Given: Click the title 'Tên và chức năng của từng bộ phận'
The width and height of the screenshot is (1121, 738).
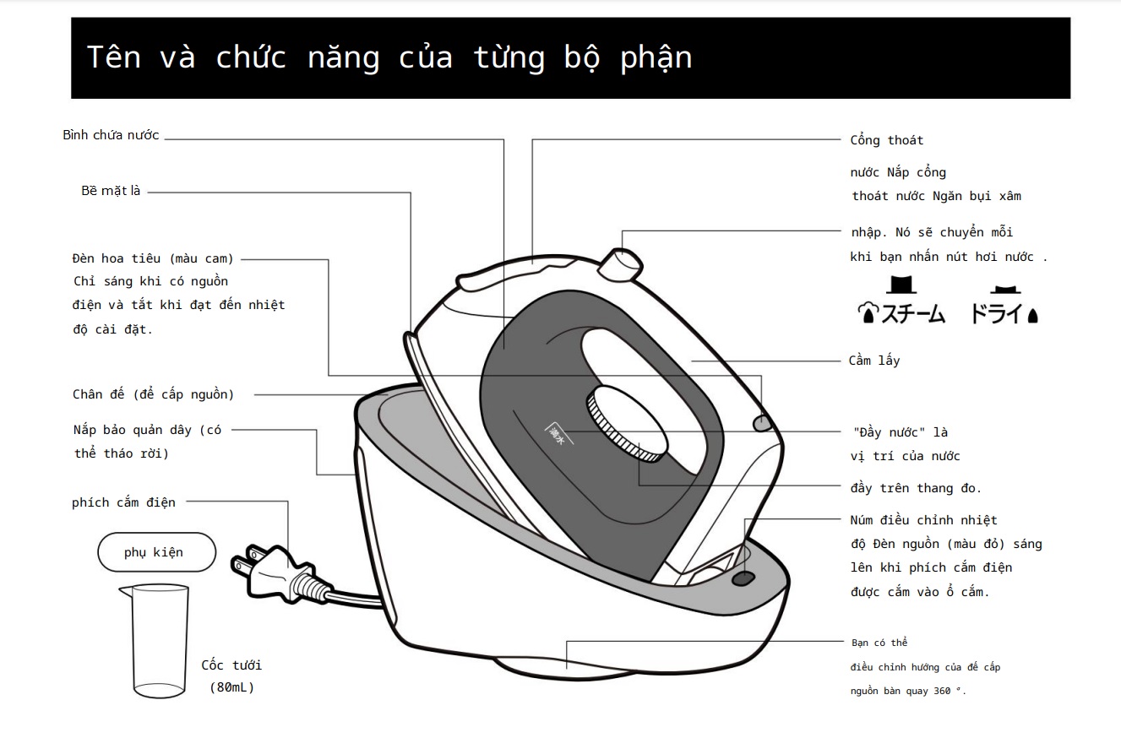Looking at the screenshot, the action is tap(389, 57).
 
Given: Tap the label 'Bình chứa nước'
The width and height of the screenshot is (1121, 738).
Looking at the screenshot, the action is tap(111, 135).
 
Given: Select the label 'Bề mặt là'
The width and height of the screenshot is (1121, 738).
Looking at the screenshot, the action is tap(111, 191).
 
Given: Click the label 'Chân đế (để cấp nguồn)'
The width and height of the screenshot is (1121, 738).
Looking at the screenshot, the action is tap(153, 394).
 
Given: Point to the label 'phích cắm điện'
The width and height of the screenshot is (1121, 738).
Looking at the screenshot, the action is tap(123, 502).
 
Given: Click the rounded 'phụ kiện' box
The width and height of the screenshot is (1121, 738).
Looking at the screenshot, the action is tap(156, 552).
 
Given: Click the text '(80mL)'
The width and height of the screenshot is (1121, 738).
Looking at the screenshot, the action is tap(231, 687).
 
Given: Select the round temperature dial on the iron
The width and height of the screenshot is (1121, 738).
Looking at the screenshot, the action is tap(624, 421).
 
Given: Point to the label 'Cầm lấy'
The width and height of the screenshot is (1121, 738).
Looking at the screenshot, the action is tap(873, 361).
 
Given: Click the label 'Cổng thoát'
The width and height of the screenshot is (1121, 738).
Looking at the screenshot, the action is tap(886, 140).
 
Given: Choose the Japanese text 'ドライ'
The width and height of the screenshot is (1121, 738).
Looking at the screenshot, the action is tap(997, 315).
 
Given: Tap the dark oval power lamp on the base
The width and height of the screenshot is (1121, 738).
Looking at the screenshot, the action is tap(743, 578).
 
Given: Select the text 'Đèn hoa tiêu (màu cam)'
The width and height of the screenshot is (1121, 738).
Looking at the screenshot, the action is tap(153, 258).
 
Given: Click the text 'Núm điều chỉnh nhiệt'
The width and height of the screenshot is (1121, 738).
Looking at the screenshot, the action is tap(923, 520).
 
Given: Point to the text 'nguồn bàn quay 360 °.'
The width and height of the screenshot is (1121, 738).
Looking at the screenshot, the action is tap(908, 692).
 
